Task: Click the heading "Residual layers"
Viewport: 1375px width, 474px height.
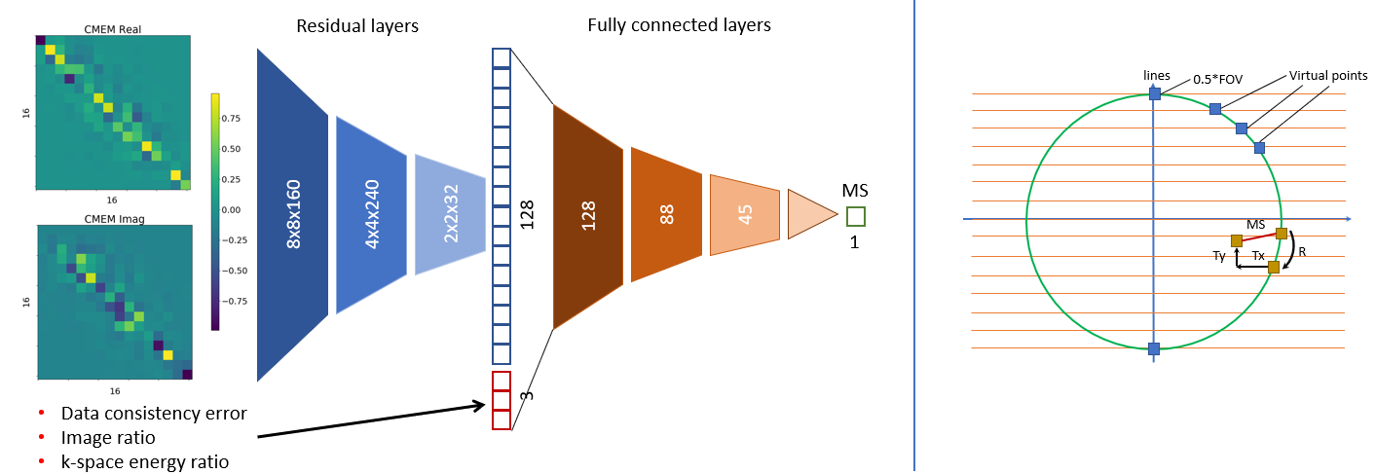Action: pos(357,26)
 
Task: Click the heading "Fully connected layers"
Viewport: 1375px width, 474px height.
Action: pos(679,25)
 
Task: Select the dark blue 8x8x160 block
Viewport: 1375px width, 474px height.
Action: pos(292,214)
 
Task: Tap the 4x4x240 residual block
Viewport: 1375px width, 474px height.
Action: pos(371,215)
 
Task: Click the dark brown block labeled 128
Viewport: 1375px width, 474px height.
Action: pos(588,216)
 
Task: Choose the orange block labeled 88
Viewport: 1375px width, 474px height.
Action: pos(666,214)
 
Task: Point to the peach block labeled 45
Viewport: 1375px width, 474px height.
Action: pos(745,215)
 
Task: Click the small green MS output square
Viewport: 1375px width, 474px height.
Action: pos(855,216)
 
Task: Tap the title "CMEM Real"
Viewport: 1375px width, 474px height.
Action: pos(113,30)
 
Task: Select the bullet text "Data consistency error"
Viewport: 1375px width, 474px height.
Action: pos(153,413)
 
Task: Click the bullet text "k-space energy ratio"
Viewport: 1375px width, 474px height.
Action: pos(145,460)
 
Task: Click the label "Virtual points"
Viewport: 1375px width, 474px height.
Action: pos(1328,75)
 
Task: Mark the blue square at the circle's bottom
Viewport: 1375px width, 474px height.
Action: pos(1154,348)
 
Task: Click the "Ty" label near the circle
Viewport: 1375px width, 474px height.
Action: pos(1219,256)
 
